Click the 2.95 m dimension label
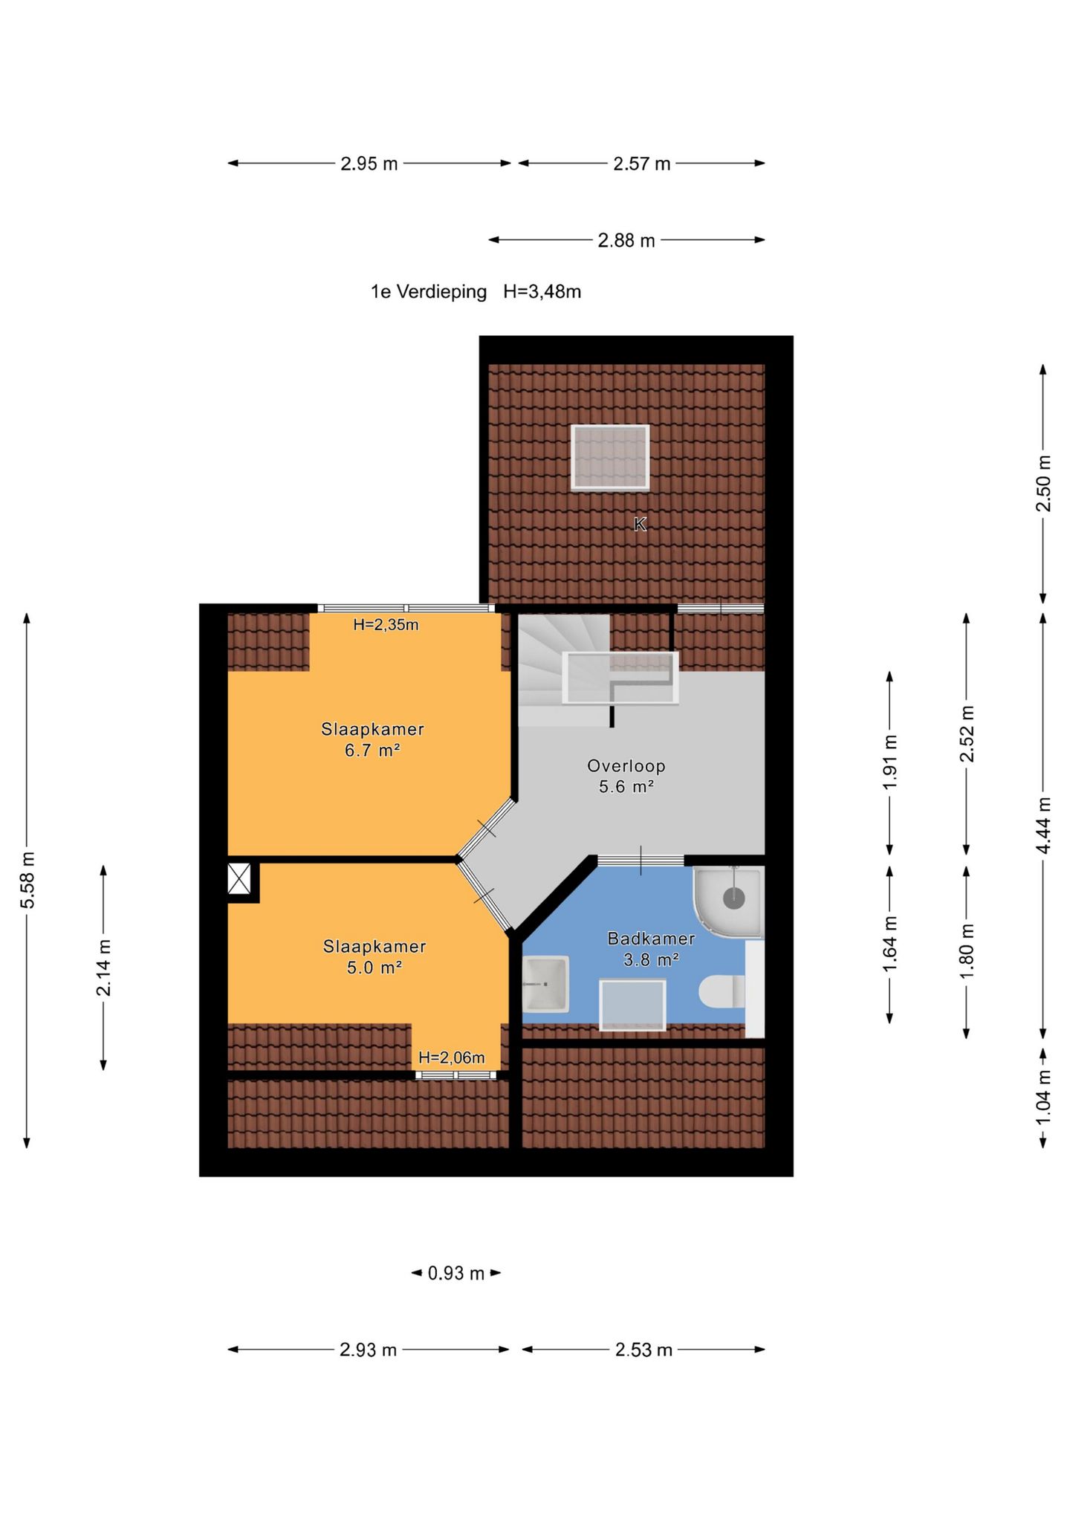coord(369,163)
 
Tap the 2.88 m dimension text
coord(626,241)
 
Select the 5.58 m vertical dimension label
coord(27,880)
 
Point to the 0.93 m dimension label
coord(455,1274)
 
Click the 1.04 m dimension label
coord(1043,1098)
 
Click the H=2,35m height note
coord(386,625)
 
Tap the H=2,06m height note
coord(452,1057)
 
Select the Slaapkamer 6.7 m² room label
coord(372,739)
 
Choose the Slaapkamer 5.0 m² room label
coord(374,956)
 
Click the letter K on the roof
coord(640,525)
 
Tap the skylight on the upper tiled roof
coord(610,457)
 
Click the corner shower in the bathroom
coord(728,902)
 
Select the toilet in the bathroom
coord(722,992)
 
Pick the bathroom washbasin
coord(546,984)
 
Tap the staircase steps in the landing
coord(564,669)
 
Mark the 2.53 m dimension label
coord(643,1350)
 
